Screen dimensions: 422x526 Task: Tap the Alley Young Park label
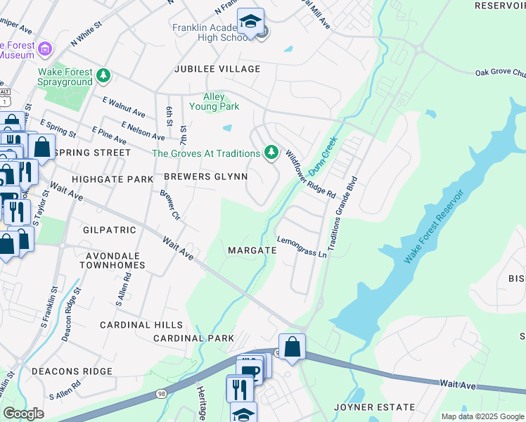[x=214, y=101]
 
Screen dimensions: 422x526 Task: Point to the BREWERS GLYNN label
[x=206, y=177]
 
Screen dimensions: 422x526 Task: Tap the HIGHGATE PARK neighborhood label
[x=113, y=179]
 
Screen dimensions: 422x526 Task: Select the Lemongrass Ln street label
[x=303, y=247]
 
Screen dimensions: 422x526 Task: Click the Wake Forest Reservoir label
[x=434, y=226]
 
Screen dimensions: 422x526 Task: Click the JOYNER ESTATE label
[x=374, y=407]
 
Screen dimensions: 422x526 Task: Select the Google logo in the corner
[x=23, y=414]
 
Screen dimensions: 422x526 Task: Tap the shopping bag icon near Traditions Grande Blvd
[x=292, y=346]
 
